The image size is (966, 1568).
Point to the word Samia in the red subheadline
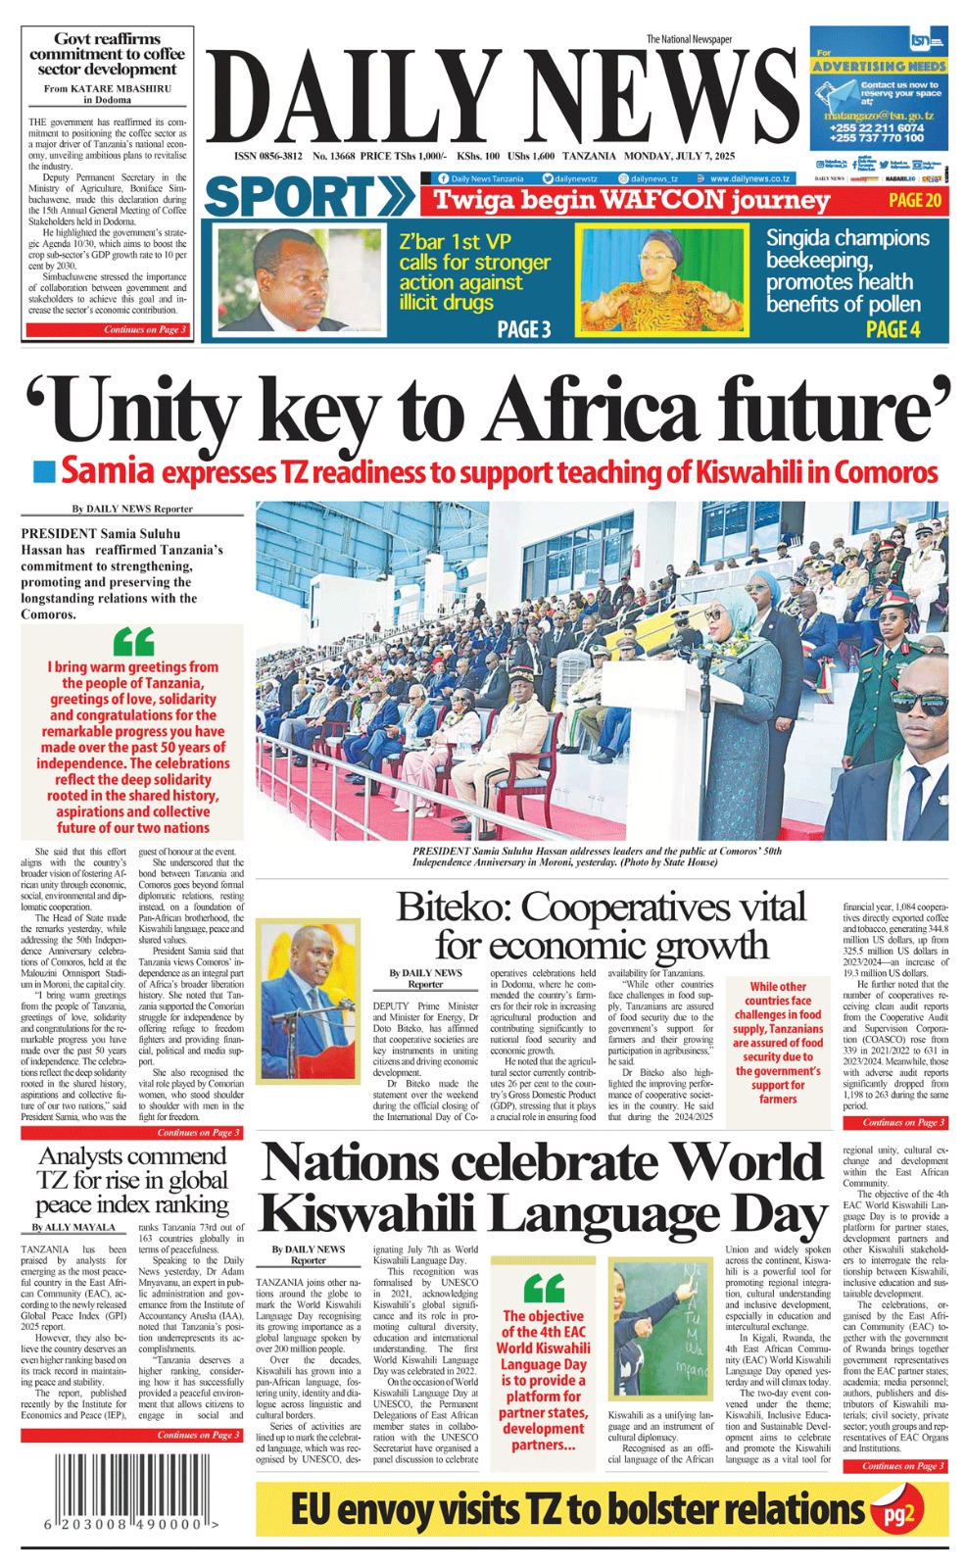(x=108, y=471)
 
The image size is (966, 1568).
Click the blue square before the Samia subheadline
(x=43, y=472)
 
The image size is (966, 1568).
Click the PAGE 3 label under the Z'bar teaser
(x=523, y=329)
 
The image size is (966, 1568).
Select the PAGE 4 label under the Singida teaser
(x=892, y=329)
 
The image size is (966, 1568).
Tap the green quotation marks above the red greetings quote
(x=133, y=642)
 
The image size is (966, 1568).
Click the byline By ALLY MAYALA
(x=73, y=1227)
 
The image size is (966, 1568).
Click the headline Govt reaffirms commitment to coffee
(x=107, y=54)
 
